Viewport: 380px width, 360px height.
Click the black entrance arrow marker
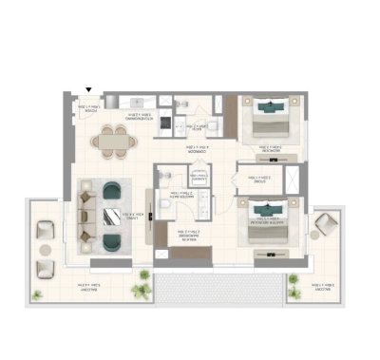[88, 88]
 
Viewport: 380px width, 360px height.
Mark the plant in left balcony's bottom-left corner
[38, 294]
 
